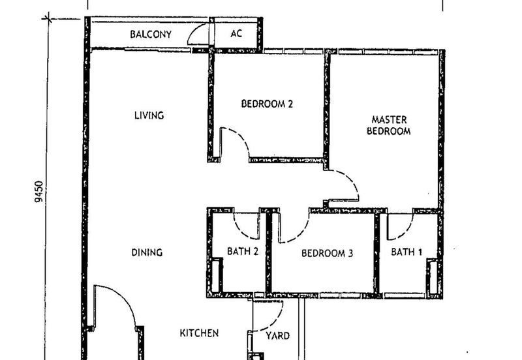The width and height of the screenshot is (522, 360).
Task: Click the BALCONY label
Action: (x=150, y=34)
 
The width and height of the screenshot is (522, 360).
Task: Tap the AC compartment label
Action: (x=236, y=33)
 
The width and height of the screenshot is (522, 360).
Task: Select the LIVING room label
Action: (x=149, y=115)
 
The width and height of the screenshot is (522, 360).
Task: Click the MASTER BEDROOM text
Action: (x=390, y=125)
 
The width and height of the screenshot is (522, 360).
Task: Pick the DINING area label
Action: (x=147, y=252)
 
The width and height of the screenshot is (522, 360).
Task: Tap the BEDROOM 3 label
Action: (x=327, y=253)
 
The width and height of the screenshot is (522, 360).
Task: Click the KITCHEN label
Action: (x=199, y=333)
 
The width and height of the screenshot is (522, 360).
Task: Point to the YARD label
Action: (x=279, y=337)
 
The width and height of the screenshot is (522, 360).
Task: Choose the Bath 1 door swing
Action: (x=399, y=226)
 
